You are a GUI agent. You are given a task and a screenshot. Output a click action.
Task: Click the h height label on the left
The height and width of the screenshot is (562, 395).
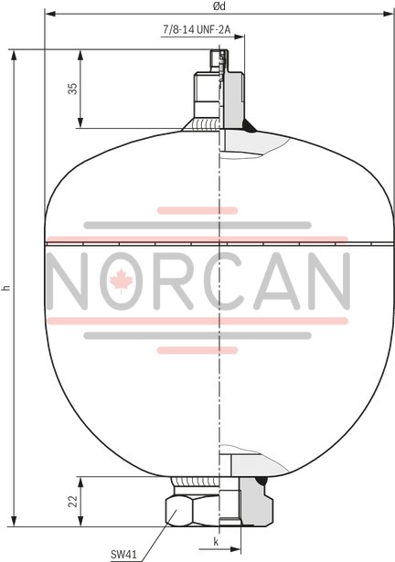pyautogui.click(x=7, y=287)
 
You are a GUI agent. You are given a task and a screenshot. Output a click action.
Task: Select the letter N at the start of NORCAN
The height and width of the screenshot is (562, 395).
pyautogui.click(x=71, y=281)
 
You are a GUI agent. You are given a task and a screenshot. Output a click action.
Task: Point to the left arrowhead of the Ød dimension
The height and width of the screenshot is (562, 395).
pyautogui.click(x=48, y=15)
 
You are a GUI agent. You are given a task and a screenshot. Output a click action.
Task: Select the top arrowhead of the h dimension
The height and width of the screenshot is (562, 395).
pyautogui.click(x=16, y=52)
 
